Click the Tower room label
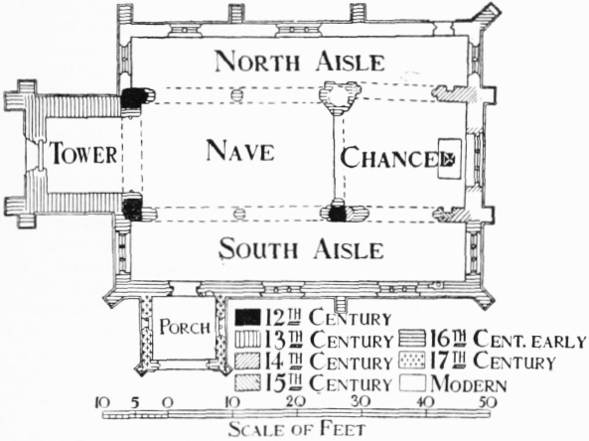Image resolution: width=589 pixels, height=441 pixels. coord(83,153)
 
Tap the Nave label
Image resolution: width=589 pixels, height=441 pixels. coord(240,150)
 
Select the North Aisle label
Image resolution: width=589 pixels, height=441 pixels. coord(300,62)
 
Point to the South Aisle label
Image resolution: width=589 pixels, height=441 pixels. coord(301,249)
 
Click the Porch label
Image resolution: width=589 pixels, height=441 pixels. coord(185,327)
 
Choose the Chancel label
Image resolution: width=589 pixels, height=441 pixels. coord(394,158)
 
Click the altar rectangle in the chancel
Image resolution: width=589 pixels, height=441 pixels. coord(450,159)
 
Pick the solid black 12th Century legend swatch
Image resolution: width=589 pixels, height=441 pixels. coord(247,318)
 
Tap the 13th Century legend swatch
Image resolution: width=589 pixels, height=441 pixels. coord(247,340)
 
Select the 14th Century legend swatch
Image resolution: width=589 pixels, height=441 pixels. coord(247,362)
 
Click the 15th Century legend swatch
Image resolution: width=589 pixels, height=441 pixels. coord(247,383)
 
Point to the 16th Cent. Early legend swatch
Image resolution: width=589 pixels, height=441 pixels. coord(412,338)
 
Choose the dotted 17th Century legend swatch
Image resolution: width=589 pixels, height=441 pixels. coord(412,360)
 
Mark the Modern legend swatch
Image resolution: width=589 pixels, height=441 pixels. coord(412,383)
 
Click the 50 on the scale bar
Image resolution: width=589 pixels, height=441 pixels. coord(488,402)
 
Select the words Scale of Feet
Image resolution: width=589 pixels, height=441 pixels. coord(297,429)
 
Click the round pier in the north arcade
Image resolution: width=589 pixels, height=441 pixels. coord(236,94)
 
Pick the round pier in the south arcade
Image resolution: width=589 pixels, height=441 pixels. coord(238,214)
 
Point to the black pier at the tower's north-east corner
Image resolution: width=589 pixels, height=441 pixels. coord(134,96)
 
